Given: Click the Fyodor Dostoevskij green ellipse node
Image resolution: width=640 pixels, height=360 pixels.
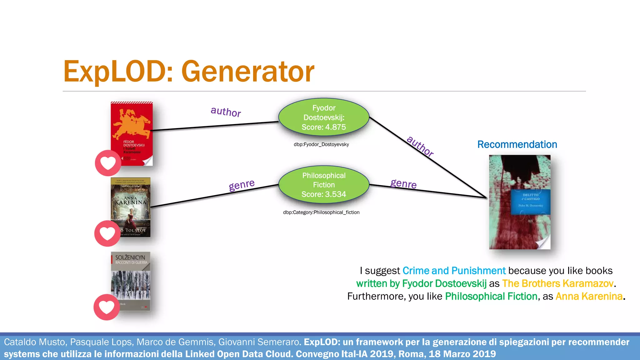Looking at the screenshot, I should click(324, 117).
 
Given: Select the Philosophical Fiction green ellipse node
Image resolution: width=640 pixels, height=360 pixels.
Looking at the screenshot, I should click(324, 185).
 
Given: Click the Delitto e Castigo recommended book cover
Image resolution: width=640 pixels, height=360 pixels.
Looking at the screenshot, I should click(520, 202).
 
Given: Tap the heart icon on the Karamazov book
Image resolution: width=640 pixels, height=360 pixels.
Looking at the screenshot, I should click(108, 163).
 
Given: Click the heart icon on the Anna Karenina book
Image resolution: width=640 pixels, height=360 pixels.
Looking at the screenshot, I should click(107, 233).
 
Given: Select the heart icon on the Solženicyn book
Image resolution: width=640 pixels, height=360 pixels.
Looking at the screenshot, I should click(107, 307).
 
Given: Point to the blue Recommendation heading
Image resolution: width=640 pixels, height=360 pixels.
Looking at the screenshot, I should click(517, 144).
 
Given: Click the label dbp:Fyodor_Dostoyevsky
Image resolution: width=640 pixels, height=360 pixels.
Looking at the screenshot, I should click(321, 144).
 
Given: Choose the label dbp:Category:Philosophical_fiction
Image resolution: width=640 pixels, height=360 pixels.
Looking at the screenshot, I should click(321, 212).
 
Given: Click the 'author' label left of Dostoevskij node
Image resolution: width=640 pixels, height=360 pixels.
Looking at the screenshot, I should click(226, 112).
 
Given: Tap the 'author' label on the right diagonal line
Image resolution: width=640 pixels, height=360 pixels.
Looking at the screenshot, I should click(420, 146).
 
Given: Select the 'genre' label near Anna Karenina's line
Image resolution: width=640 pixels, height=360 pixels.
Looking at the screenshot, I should click(242, 185).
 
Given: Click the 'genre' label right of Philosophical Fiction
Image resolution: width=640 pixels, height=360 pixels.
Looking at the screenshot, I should click(403, 183).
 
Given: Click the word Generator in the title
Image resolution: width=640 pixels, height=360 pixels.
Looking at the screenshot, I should click(247, 72).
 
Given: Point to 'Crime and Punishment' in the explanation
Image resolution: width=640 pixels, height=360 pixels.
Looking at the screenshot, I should click(454, 271).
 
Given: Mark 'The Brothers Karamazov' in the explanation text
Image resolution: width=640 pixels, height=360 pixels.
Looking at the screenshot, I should click(558, 283).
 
